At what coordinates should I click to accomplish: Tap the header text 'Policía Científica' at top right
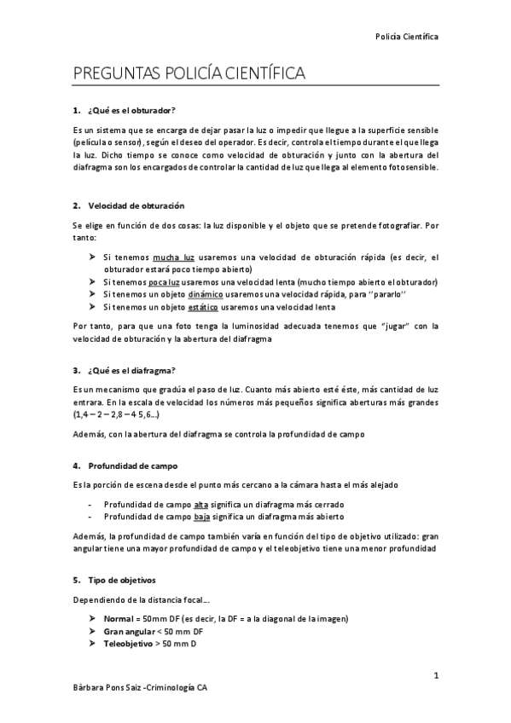pos(407,37)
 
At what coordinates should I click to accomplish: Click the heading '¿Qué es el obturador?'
pos(131,111)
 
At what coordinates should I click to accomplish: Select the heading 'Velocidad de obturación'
pos(136,206)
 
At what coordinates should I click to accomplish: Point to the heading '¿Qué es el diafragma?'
pos(132,370)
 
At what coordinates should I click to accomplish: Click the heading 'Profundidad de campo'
pos(131,466)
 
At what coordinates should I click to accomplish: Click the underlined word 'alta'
pos(201,505)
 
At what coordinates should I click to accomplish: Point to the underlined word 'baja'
pos(202,517)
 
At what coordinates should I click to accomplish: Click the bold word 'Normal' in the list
pos(119,617)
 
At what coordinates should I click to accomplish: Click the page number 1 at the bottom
pos(435,676)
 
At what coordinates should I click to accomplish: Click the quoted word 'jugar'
pos(329,326)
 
